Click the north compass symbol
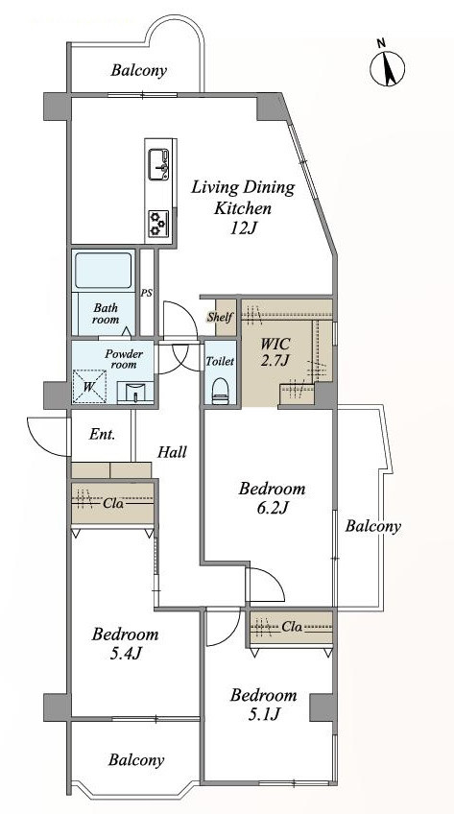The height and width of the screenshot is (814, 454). point(387,66)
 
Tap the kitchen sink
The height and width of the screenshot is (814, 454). point(158,164)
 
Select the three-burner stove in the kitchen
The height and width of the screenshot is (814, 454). point(158,224)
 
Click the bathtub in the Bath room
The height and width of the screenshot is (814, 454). point(104,270)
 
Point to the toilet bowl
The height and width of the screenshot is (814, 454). point(220,390)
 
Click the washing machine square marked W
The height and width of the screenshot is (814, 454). point(88,385)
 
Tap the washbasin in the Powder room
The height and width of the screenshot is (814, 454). point(135,392)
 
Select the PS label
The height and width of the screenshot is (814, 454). point(146,293)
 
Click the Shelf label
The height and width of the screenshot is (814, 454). point(220,317)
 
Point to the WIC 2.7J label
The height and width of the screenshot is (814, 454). point(275,351)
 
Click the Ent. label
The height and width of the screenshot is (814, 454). point(102,434)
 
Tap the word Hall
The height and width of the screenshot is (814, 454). point(172,452)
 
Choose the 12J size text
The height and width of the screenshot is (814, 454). point(244,227)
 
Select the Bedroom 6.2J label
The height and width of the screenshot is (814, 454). point(272,497)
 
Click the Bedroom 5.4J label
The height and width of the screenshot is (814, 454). point(126,643)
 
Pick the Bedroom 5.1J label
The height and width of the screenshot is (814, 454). point(264,704)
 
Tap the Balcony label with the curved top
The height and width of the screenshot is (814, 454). point(138,71)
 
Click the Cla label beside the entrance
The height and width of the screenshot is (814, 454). point(113,503)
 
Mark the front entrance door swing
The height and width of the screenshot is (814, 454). point(48,435)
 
